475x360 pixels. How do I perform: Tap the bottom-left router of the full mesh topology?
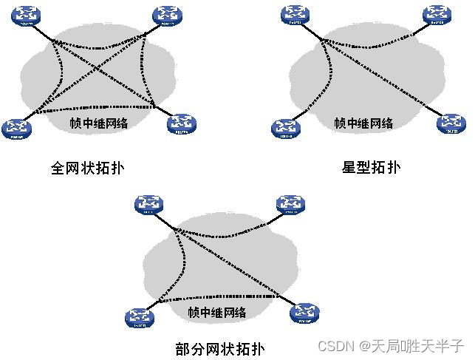[x=16, y=128]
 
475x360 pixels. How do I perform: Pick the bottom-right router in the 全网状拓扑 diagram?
[x=182, y=125]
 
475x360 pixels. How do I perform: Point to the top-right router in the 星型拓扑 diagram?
[x=437, y=14]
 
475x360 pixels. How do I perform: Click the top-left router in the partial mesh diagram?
[x=151, y=203]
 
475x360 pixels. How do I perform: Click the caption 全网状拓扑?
[x=87, y=168]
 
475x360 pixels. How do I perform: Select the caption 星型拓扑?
[x=371, y=167]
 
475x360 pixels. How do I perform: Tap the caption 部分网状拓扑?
[x=220, y=348]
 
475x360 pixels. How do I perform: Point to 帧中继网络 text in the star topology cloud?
[x=363, y=123]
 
